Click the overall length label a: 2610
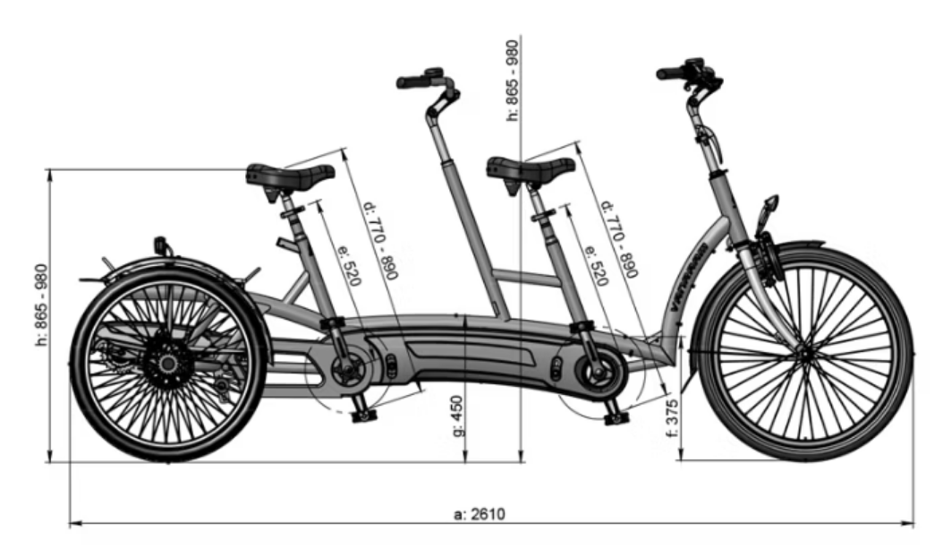pos(480,514)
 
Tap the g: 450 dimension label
pos(458,416)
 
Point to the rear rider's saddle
pos(289,176)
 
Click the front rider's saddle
pos(531,170)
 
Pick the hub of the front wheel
pos(805,356)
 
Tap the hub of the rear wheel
pos(167,363)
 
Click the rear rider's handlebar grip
pos(411,82)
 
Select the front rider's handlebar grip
pos(669,74)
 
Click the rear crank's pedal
pos(363,415)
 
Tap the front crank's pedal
pos(616,417)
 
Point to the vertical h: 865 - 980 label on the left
pos(41,305)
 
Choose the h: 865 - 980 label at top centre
pos(513,80)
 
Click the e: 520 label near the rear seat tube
pos(350,265)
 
